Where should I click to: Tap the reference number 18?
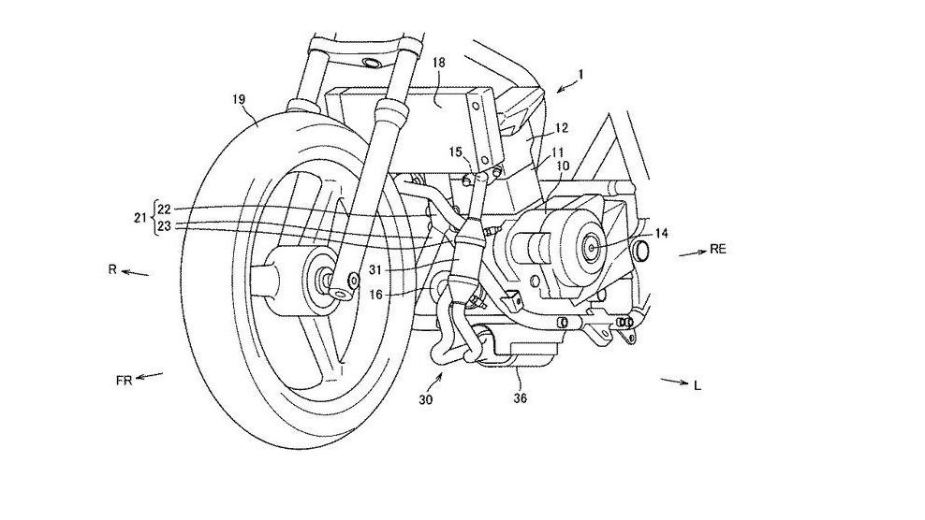coord(439,62)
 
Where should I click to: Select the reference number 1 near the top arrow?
coord(581,73)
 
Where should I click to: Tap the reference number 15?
coord(454,152)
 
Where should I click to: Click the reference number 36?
coord(521,397)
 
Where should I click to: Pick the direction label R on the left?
coord(110,269)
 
